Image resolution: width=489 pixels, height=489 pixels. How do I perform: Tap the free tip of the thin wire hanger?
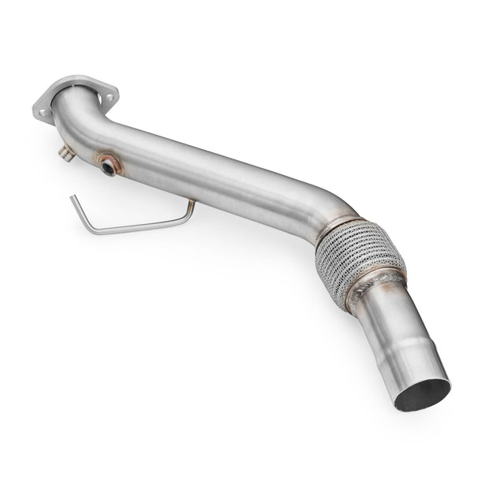click(x=72, y=197)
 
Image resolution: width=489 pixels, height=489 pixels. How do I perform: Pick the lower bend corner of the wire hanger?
click(x=88, y=231)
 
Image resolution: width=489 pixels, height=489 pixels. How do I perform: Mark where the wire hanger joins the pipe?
click(x=192, y=203)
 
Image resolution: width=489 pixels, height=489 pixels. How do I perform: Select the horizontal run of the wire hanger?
click(x=138, y=227)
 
